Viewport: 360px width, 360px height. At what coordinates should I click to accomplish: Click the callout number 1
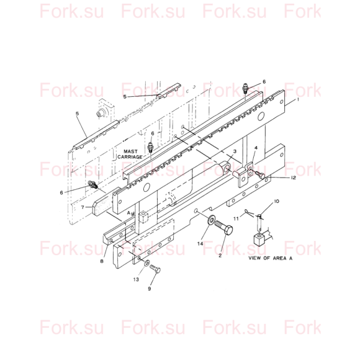[298, 100]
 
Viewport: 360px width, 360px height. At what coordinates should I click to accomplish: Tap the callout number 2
[220, 255]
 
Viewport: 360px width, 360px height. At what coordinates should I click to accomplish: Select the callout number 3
[235, 151]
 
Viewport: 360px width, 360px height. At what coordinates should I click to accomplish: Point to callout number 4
[256, 148]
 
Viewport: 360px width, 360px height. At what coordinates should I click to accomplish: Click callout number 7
[83, 207]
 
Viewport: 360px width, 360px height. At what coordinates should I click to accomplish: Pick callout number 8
[102, 261]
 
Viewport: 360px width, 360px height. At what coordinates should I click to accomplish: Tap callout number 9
[150, 289]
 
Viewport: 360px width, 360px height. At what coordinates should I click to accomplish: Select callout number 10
[276, 201]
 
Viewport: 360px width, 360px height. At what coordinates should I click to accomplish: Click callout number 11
[236, 218]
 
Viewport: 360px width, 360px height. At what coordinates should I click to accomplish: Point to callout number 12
[293, 178]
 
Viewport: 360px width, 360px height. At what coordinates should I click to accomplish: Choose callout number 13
[136, 279]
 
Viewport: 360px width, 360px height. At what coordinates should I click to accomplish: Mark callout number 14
[200, 243]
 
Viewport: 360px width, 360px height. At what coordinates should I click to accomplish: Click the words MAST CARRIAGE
[130, 155]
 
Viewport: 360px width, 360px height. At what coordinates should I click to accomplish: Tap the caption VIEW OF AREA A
[271, 258]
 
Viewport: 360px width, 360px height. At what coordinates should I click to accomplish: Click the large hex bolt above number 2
[223, 228]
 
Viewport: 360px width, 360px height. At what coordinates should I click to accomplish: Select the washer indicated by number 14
[211, 220]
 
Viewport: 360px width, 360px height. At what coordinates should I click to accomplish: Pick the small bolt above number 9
[155, 268]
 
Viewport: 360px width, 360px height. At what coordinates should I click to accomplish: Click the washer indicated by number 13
[146, 263]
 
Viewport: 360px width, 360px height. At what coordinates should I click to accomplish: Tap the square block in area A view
[259, 240]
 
